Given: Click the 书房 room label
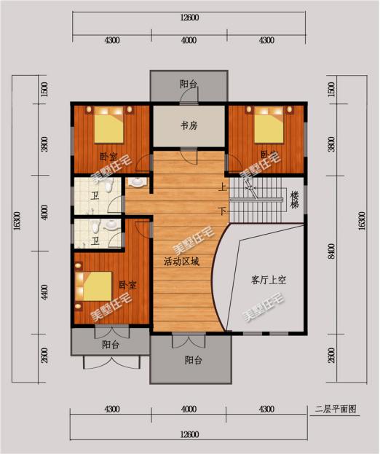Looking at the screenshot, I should point(189,126).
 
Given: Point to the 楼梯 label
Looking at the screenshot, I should point(295,197).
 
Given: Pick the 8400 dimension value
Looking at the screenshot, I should point(331,252).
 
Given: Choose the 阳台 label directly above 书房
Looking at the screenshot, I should point(189,85).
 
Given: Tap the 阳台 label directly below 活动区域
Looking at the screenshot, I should point(193,360).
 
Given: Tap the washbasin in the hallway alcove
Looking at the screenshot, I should point(138,181).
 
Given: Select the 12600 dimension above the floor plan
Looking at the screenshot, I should point(189,17).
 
